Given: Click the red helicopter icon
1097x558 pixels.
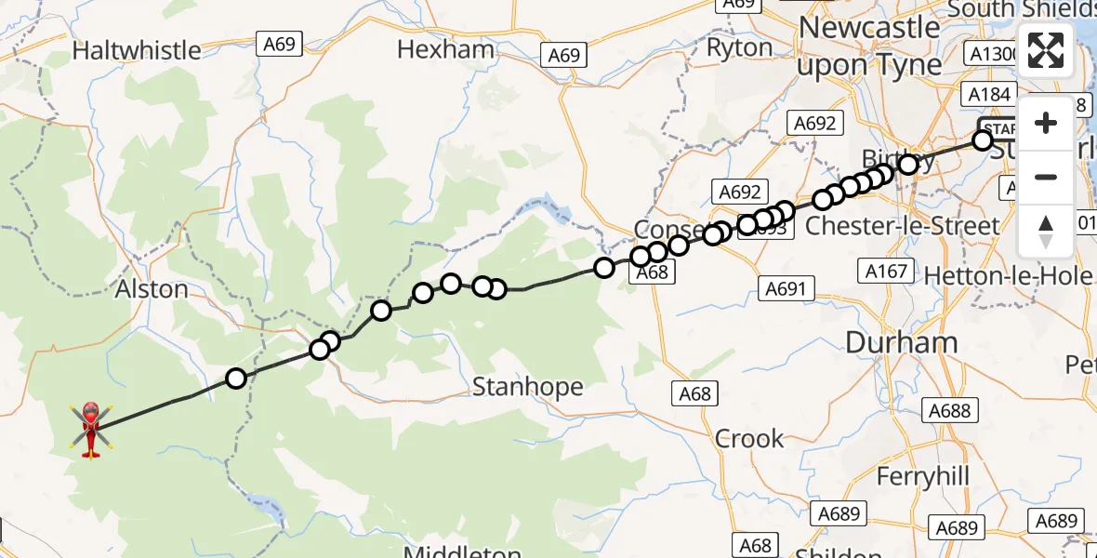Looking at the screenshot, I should pos(91,429).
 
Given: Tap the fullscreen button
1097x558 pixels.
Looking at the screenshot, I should pos(1046,50).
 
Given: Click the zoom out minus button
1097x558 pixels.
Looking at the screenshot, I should pos(1046,177).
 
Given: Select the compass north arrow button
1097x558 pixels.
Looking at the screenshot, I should pos(1046,231).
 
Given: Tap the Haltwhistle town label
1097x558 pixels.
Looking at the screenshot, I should pos(137,49).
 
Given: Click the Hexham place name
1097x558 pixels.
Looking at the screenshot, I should pos(445,48).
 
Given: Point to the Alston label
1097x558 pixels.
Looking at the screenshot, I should pos(152,289).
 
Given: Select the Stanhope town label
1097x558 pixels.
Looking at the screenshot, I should pos(528,386).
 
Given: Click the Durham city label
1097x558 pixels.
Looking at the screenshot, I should pos(902,342).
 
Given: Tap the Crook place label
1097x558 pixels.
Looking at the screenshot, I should pos(749,438).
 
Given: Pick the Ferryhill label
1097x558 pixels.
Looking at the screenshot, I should pos(923,477).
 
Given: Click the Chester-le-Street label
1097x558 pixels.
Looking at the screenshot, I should pos(902,226).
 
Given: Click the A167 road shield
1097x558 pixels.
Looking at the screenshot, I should pos(885,271).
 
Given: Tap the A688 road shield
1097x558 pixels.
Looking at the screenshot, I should pos(949,410).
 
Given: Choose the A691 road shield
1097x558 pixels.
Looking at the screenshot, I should pos(784,288).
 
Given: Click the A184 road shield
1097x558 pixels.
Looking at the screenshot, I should pos(988,95).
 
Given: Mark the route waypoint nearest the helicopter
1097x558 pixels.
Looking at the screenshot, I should pos(236,379).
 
